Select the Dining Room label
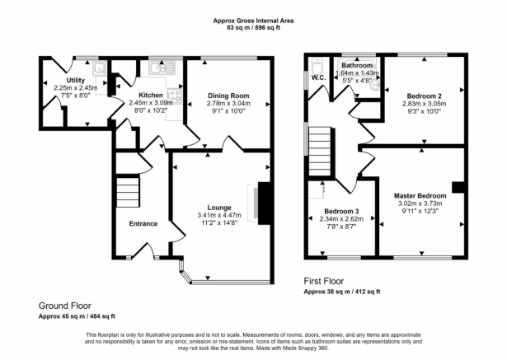(x=228, y=96)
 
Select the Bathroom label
(x=358, y=65)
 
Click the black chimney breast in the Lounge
(x=264, y=202)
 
